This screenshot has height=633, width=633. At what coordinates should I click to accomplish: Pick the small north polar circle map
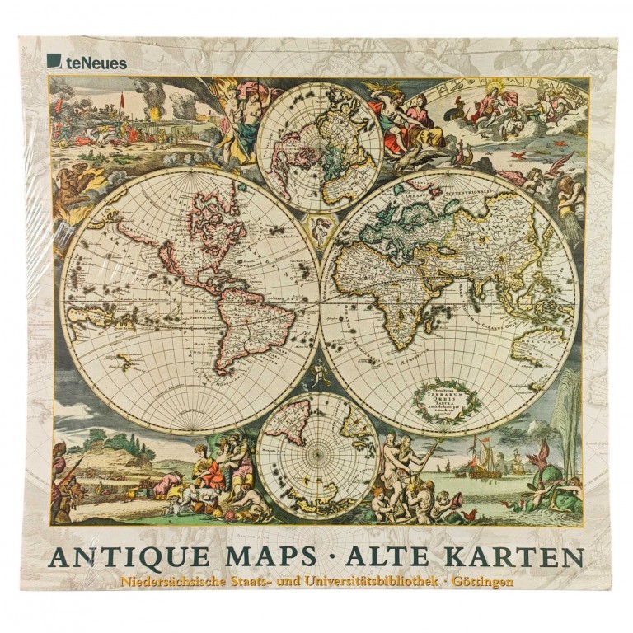[319, 146]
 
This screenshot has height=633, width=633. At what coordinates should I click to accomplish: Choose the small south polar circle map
[317, 453]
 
